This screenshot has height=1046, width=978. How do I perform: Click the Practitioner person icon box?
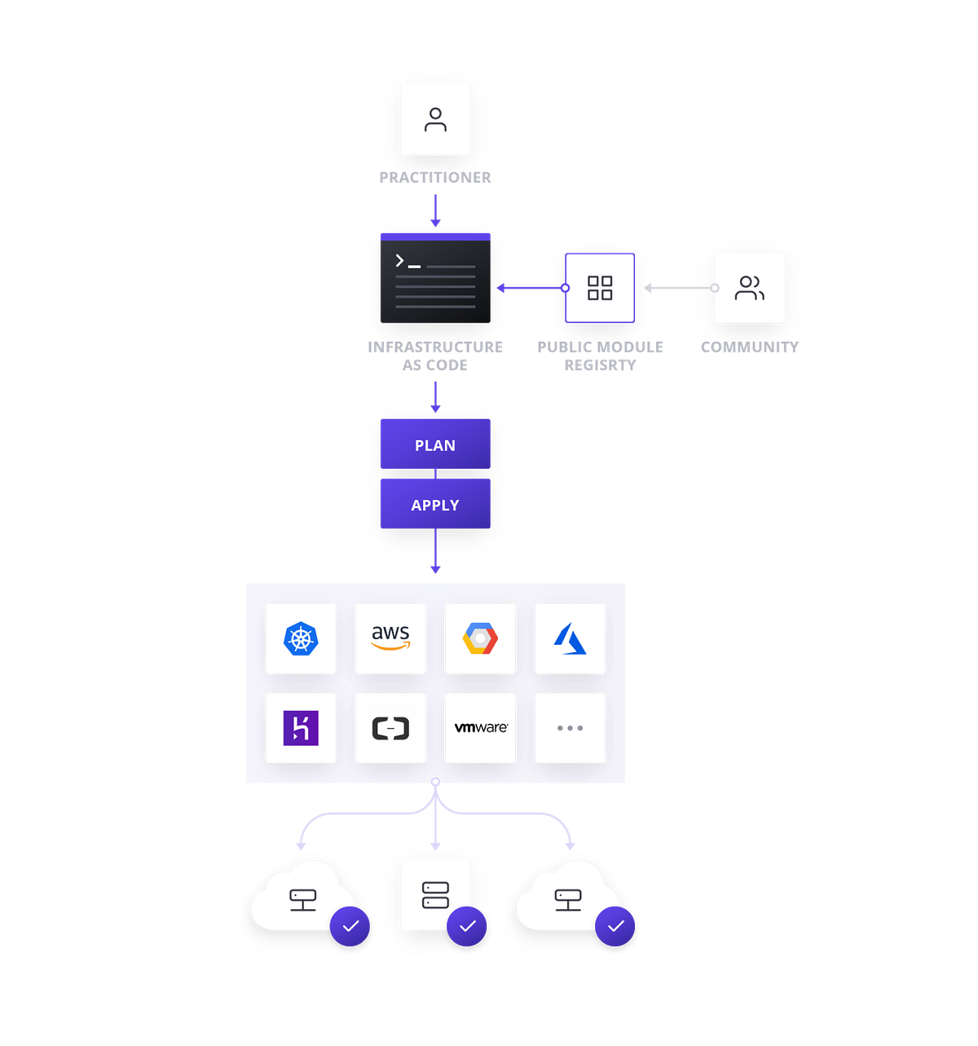point(435,120)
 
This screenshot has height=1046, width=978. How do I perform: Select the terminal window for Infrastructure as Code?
point(435,278)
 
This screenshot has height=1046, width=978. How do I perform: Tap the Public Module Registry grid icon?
point(600,288)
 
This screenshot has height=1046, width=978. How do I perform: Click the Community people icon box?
point(749,288)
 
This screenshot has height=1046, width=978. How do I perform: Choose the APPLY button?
point(435,505)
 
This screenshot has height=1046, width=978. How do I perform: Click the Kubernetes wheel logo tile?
point(301,638)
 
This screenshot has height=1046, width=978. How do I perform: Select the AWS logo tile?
point(390,638)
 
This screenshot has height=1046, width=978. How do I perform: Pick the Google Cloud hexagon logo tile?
point(480,638)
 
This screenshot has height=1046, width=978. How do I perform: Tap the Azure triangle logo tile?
point(570,638)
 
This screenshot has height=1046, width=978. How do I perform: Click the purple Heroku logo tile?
point(301,728)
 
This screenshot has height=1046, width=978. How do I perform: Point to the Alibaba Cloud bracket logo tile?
point(390,728)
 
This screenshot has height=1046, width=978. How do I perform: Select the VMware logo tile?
point(480,728)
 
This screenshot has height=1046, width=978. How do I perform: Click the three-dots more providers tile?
point(570,728)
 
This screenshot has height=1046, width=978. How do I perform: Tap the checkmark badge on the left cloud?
point(350,926)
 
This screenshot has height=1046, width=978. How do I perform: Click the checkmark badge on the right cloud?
point(615,926)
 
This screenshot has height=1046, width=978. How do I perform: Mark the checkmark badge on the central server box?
point(468,926)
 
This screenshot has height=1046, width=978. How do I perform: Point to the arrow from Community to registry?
point(677,288)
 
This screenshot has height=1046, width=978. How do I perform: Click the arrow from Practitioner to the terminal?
point(435,210)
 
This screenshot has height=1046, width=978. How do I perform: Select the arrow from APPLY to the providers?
point(435,553)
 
